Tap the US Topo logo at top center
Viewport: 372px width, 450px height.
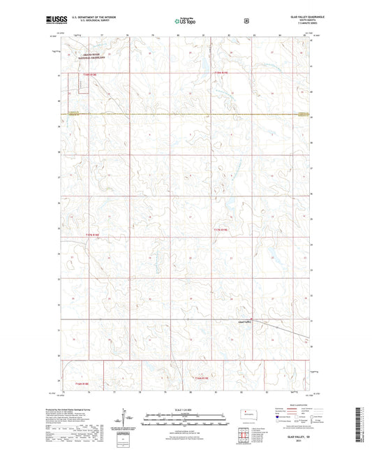pos(186,21)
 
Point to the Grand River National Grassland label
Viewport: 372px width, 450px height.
pos(92,55)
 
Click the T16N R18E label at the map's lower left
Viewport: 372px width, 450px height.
pos(82,384)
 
